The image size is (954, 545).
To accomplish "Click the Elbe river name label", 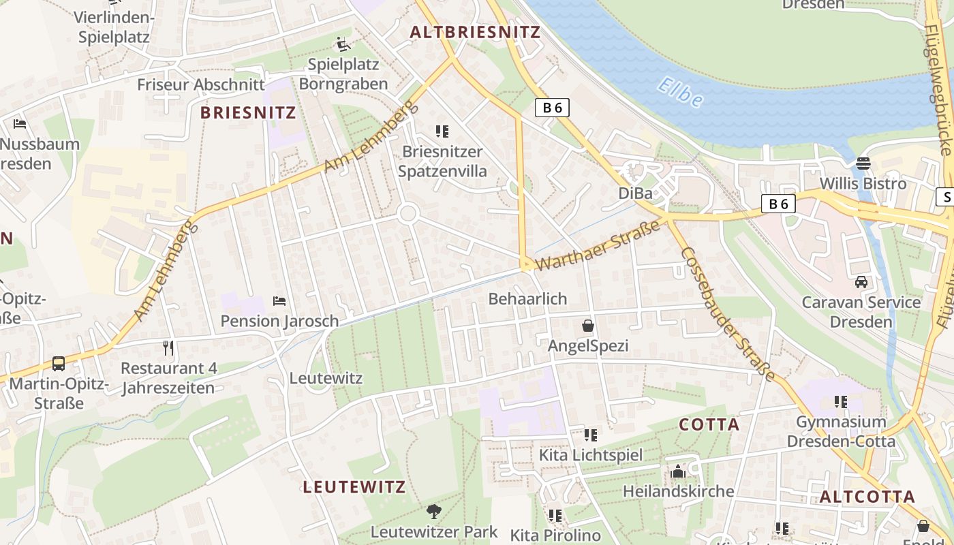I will tap(680, 93).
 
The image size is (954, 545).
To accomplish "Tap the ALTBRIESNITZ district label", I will tap(475, 32).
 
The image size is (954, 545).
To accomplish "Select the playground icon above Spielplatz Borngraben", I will tap(343, 45).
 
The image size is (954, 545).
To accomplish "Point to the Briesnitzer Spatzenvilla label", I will tap(442, 161).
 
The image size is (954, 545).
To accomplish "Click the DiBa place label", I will tap(635, 193).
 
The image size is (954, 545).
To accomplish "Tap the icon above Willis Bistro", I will tap(863, 163).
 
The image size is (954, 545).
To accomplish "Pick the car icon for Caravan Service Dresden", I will tap(861, 282).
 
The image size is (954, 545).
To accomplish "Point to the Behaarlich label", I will tap(527, 298).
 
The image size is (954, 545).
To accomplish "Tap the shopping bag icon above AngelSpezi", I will tap(588, 326).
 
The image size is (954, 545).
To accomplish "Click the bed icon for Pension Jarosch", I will tap(279, 301).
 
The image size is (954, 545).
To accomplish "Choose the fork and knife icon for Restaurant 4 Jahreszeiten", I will tap(168, 348).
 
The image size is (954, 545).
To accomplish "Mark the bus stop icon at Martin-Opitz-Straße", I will tap(59, 364).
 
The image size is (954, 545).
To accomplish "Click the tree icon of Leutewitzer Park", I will tap(433, 511).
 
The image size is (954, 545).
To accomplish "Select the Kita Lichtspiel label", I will tap(590, 454).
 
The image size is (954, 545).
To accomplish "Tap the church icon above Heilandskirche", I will tap(678, 471).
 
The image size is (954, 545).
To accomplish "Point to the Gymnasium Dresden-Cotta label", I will tap(841, 431).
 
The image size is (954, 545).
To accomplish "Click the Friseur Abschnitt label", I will tap(200, 84).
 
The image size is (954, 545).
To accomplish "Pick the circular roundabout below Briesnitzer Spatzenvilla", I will tap(407, 214).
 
